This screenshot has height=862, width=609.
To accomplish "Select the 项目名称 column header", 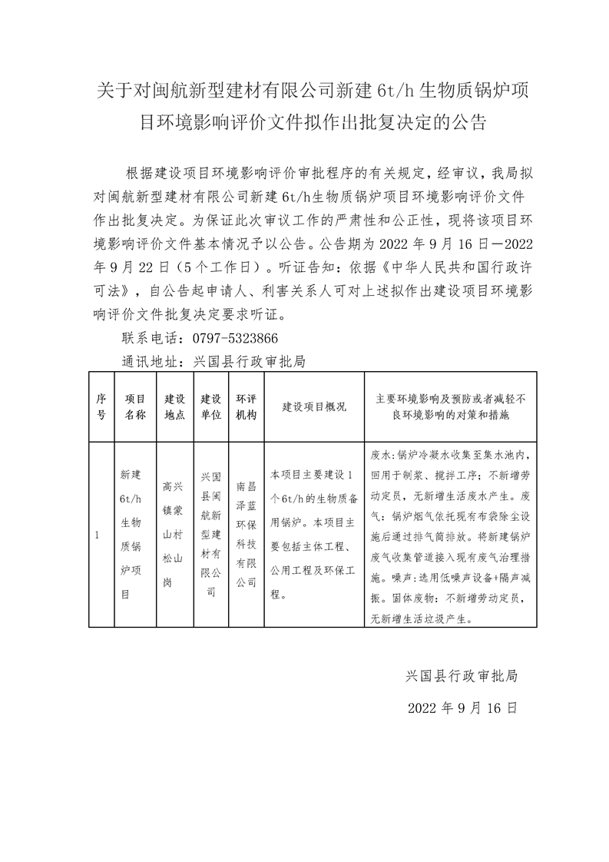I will (135, 406).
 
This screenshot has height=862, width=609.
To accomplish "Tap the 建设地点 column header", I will (175, 406).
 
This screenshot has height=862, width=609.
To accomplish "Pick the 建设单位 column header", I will (211, 406).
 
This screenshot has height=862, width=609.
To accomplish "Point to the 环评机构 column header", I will (247, 406).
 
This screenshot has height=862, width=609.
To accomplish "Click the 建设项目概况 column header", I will (314, 406).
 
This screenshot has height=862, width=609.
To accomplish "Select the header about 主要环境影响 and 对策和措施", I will (450, 406).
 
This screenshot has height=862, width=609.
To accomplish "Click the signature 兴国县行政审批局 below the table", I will (462, 677).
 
